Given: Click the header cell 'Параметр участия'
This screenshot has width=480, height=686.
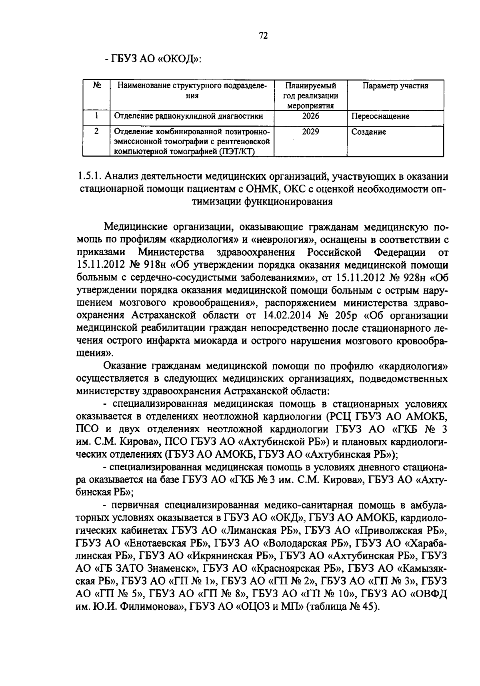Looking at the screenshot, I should coord(395,86).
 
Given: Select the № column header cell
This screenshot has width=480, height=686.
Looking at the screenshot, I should coord(96,86).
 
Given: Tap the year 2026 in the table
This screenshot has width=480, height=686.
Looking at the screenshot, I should coord(311,116).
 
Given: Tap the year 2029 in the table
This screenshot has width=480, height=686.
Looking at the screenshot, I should coord(310,131).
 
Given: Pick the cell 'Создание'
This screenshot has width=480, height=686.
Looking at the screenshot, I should coord(368,132).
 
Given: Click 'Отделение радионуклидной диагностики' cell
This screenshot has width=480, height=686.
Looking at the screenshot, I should coord(188,116).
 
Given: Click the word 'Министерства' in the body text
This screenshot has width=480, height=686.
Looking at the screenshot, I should coord(171,253).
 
